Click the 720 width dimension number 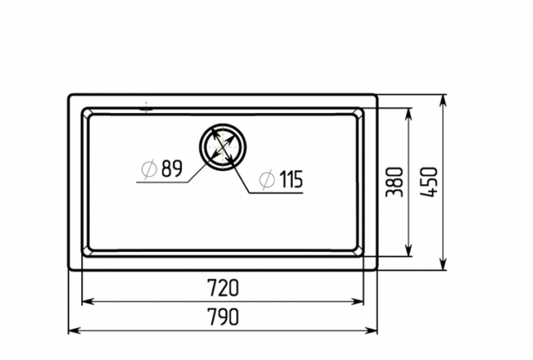tap(223, 287)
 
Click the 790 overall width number tap(223, 316)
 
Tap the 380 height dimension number tap(395, 182)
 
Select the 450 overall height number tap(428, 182)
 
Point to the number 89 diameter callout tap(172, 168)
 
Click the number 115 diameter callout tap(291, 179)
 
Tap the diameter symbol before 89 tap(149, 169)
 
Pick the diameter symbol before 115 tap(266, 179)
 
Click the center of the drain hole tap(223, 147)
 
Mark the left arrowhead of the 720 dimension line tap(88, 301)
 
